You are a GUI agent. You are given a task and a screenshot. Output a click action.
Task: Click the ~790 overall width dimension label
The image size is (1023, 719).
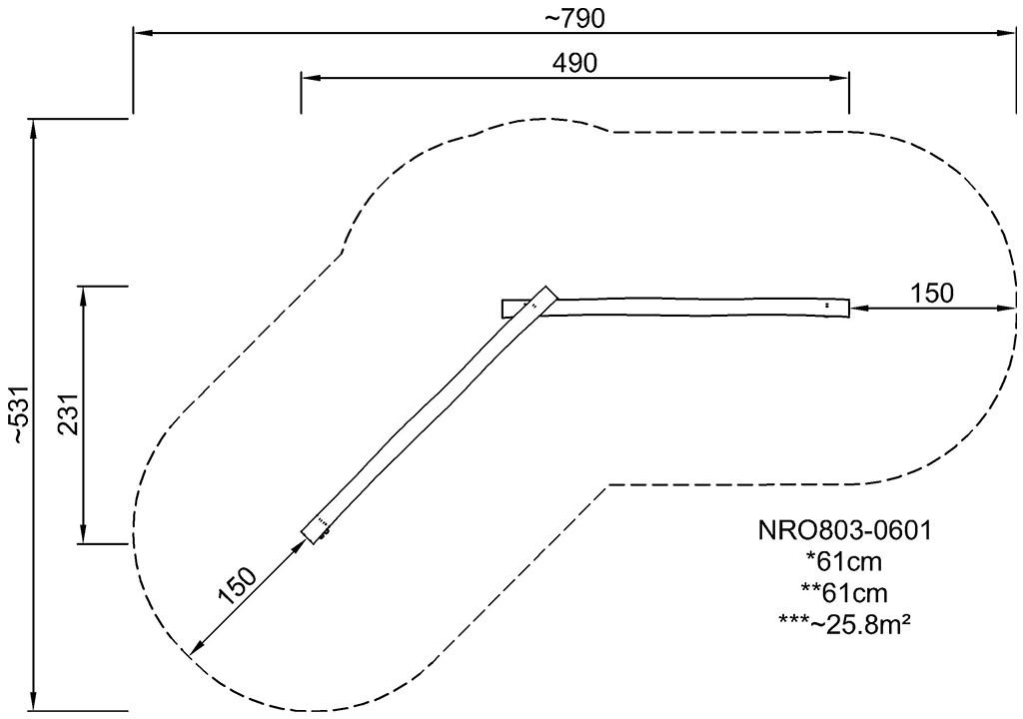pyautogui.click(x=574, y=19)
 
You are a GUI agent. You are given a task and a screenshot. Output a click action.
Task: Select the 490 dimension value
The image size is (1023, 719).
pyautogui.click(x=574, y=63)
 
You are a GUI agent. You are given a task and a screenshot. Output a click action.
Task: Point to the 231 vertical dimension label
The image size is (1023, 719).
pyautogui.click(x=69, y=413)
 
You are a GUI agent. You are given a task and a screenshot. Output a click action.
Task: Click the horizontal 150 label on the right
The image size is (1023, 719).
pyautogui.click(x=932, y=293)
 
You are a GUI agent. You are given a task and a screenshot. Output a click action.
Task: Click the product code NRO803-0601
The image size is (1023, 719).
pyautogui.click(x=844, y=530)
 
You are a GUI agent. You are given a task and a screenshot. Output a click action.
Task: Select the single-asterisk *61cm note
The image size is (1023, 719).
pyautogui.click(x=844, y=561)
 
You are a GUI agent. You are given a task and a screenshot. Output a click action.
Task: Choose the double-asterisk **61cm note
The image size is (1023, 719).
pyautogui.click(x=844, y=592)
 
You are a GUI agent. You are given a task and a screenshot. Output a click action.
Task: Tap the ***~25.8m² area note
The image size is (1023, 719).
pyautogui.click(x=844, y=624)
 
